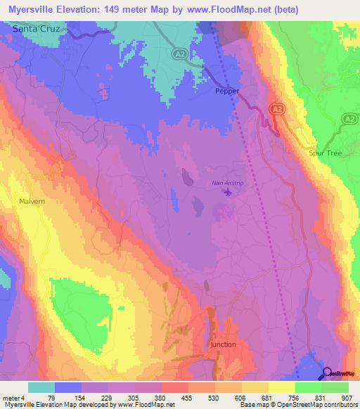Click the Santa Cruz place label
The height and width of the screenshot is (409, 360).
click(x=37, y=29)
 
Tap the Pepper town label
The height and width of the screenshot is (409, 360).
click(x=227, y=91)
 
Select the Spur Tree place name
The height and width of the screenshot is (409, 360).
click(x=324, y=152)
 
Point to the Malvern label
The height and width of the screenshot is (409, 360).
click(x=32, y=200)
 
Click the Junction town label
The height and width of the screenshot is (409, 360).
click(x=223, y=345)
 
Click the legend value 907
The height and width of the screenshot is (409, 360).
click(x=347, y=398)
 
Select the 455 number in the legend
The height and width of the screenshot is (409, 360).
click(x=188, y=398)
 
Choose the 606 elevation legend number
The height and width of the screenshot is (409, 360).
click(x=242, y=398)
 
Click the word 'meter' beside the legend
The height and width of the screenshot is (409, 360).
click(x=11, y=398)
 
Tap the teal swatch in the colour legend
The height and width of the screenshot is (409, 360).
click(x=41, y=387)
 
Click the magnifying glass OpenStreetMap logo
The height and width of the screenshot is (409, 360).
click(x=326, y=374)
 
